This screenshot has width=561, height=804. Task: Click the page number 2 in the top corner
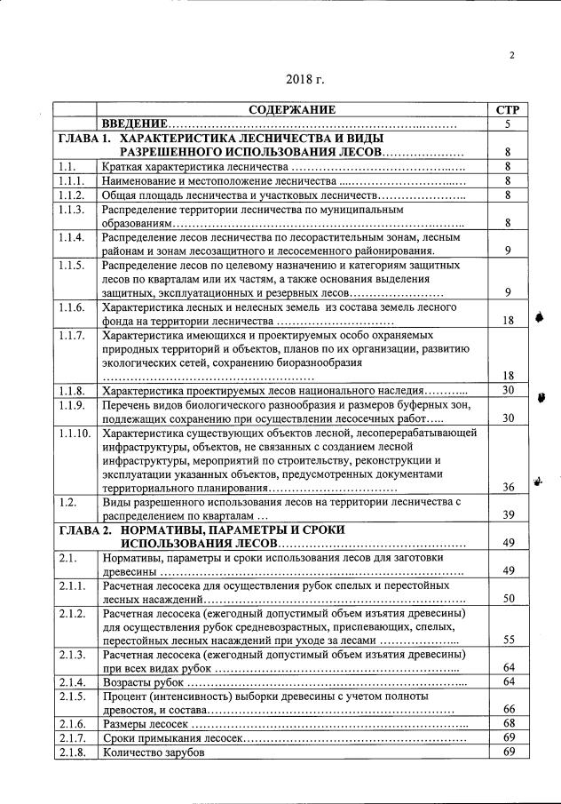click(512, 56)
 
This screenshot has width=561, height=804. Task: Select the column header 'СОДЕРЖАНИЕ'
click(292, 110)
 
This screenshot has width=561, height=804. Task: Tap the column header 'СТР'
click(507, 110)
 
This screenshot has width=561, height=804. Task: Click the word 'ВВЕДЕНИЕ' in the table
click(134, 124)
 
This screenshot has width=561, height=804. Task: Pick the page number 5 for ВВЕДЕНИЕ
click(507, 124)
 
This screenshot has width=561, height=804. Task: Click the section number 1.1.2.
click(71, 195)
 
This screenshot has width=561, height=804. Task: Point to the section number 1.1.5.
click(71, 266)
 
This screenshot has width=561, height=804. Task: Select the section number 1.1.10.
click(74, 434)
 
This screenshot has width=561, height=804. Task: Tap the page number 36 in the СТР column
click(508, 488)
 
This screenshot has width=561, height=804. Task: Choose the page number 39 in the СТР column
click(508, 515)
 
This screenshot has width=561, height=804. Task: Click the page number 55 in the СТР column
click(508, 640)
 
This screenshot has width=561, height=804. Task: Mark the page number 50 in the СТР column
click(508, 599)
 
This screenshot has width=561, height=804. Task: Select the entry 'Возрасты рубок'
click(143, 681)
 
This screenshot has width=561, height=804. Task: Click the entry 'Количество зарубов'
click(154, 752)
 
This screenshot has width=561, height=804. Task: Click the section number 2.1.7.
click(71, 738)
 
